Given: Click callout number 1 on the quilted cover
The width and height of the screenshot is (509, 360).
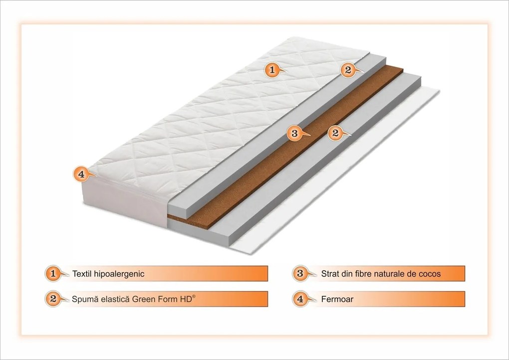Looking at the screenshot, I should coord(271,70).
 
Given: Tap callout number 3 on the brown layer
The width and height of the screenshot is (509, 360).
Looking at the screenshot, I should coord(294,133).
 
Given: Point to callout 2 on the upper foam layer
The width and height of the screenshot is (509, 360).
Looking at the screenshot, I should coord(348,70).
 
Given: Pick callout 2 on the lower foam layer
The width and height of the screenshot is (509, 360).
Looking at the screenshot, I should coord(335,133).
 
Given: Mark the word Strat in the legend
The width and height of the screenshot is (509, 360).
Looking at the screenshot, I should coord(331,273).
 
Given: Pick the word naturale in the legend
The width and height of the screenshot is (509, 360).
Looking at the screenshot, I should coord(394,273).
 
